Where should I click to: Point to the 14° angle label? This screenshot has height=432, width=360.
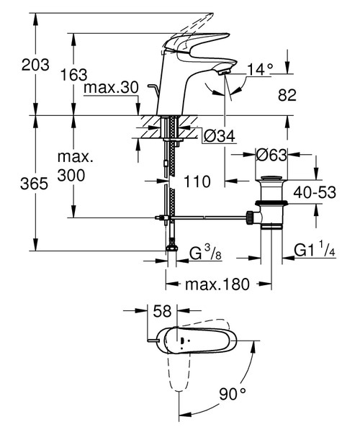coord(261,69)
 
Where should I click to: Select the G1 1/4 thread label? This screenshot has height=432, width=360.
coord(315,251)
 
